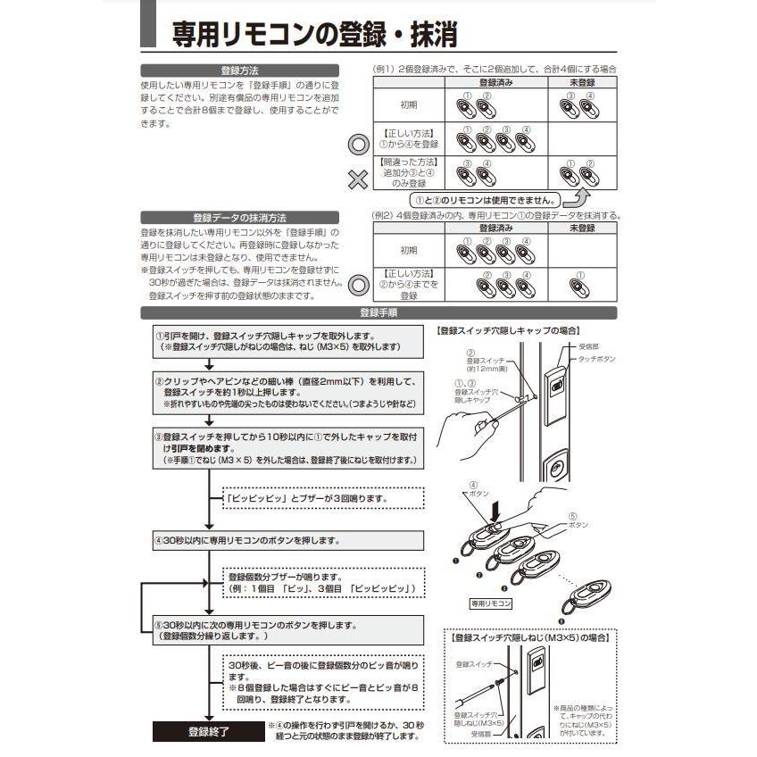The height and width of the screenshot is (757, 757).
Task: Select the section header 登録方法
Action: coord(239,70)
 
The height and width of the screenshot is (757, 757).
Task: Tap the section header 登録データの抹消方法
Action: coord(239,217)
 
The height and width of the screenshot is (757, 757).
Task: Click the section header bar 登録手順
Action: coord(378,313)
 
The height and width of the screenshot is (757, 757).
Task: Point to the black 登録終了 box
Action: coord(208,732)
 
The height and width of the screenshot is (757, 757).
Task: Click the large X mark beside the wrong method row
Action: coord(358,179)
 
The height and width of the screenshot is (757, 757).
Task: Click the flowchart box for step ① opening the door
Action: coord(279,340)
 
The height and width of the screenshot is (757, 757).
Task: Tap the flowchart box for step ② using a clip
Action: coord(286,393)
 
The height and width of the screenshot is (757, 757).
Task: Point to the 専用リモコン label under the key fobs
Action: coord(492,604)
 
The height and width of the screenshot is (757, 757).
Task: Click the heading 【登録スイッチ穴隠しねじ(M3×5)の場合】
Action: coord(532,637)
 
